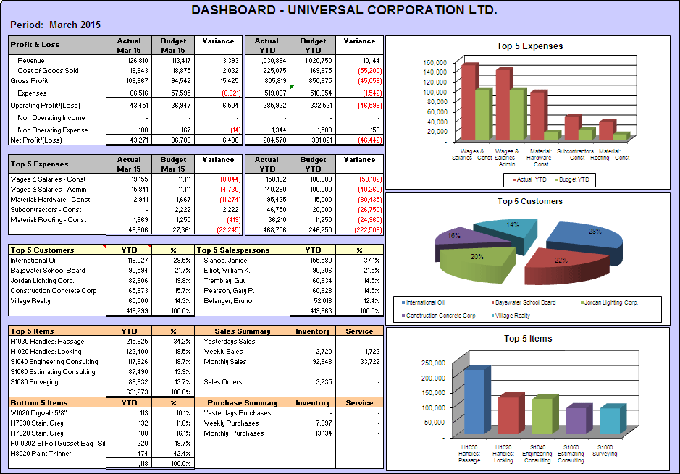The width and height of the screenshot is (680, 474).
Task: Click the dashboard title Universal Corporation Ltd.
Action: (x=344, y=10)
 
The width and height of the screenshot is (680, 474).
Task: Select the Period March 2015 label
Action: (x=55, y=25)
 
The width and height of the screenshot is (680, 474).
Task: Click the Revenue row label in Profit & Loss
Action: (x=31, y=61)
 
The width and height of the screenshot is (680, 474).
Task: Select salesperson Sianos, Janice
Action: (x=225, y=261)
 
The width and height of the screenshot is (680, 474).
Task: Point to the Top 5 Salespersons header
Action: (x=233, y=250)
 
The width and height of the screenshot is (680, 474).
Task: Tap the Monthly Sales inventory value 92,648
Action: (x=317, y=362)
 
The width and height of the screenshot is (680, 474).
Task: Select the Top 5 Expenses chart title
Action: (x=529, y=46)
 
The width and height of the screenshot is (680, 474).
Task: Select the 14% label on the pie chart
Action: (x=512, y=225)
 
